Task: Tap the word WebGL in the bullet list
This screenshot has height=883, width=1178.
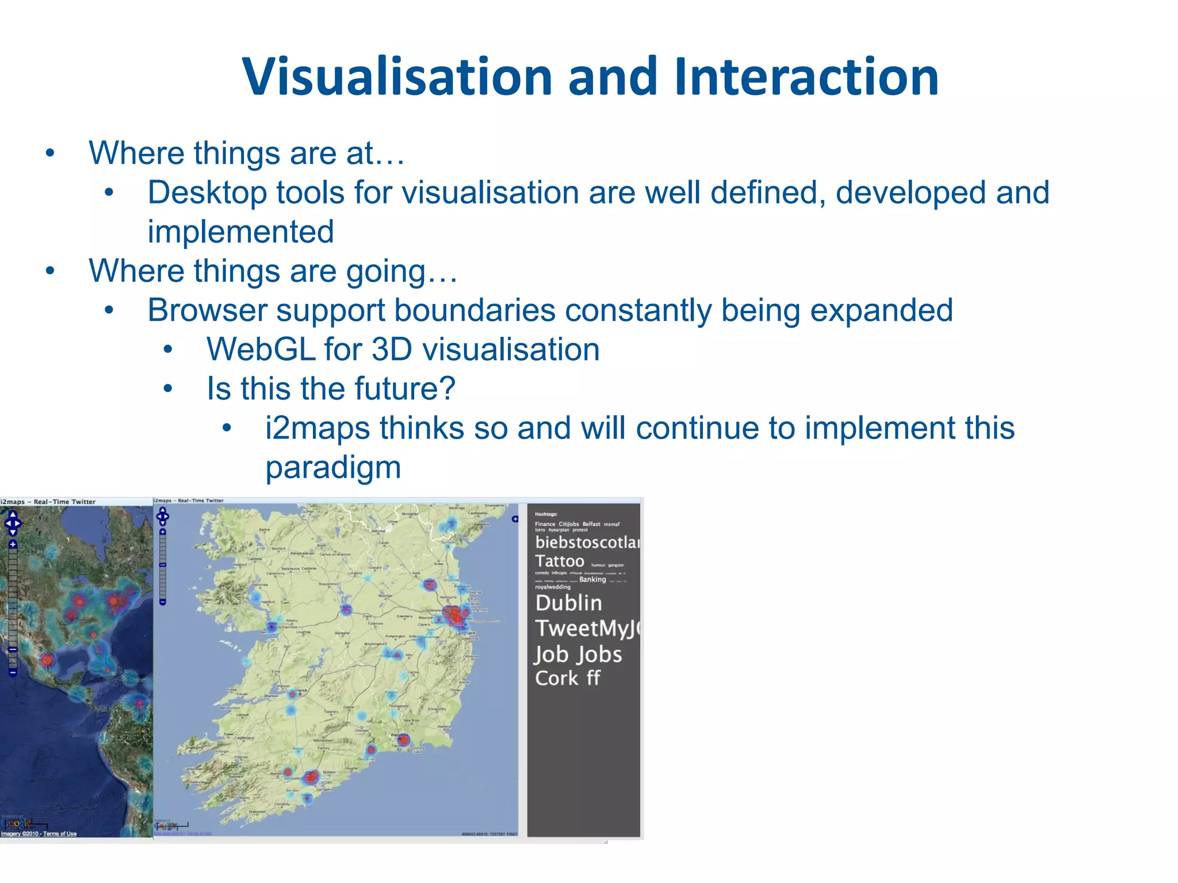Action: point(261,350)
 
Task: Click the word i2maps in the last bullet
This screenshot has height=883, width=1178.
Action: point(317,428)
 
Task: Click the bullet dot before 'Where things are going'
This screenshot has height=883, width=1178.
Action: point(51,271)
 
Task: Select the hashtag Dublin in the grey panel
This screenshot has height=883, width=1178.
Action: point(568,603)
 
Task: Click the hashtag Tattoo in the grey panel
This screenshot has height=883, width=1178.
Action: point(559,561)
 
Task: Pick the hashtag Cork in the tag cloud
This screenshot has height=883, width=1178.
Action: point(556,678)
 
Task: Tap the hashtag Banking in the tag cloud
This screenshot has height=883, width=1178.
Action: point(592,579)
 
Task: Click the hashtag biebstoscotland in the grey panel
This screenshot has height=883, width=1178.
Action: point(587,542)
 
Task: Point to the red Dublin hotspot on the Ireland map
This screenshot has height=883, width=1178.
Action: point(454,615)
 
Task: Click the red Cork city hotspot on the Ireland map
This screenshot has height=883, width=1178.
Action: point(311,777)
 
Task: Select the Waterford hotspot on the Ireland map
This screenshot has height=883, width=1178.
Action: point(404,740)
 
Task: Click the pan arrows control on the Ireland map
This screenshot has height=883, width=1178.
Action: point(163,516)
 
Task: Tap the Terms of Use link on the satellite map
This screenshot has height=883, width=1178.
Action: point(60,834)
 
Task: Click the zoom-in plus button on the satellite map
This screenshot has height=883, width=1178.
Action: point(13,544)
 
